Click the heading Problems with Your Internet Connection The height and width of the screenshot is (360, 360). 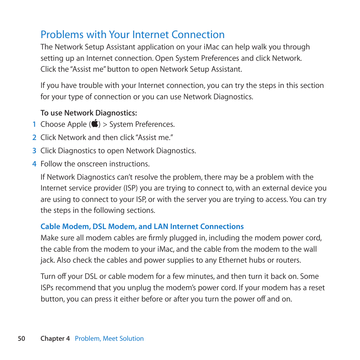pyautogui.click(x=132, y=35)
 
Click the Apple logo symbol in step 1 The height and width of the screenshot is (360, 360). pyautogui.click(x=95, y=124)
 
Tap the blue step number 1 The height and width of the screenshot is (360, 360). pyautogui.click(x=34, y=124)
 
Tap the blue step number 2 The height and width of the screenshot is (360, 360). pyautogui.click(x=34, y=137)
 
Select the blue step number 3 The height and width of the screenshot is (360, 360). pyautogui.click(x=34, y=151)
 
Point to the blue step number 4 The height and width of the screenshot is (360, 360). pyautogui.click(x=34, y=164)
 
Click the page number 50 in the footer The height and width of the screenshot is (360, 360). pyautogui.click(x=22, y=338)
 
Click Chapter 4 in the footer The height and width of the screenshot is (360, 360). pyautogui.click(x=55, y=338)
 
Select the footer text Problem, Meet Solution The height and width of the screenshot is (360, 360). pyautogui.click(x=109, y=338)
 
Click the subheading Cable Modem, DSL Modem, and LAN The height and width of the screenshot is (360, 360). pyautogui.click(x=142, y=226)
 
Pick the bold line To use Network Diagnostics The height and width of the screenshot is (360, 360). pyautogui.click(x=89, y=113)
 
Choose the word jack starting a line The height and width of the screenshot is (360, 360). pyautogui.click(x=47, y=260)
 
